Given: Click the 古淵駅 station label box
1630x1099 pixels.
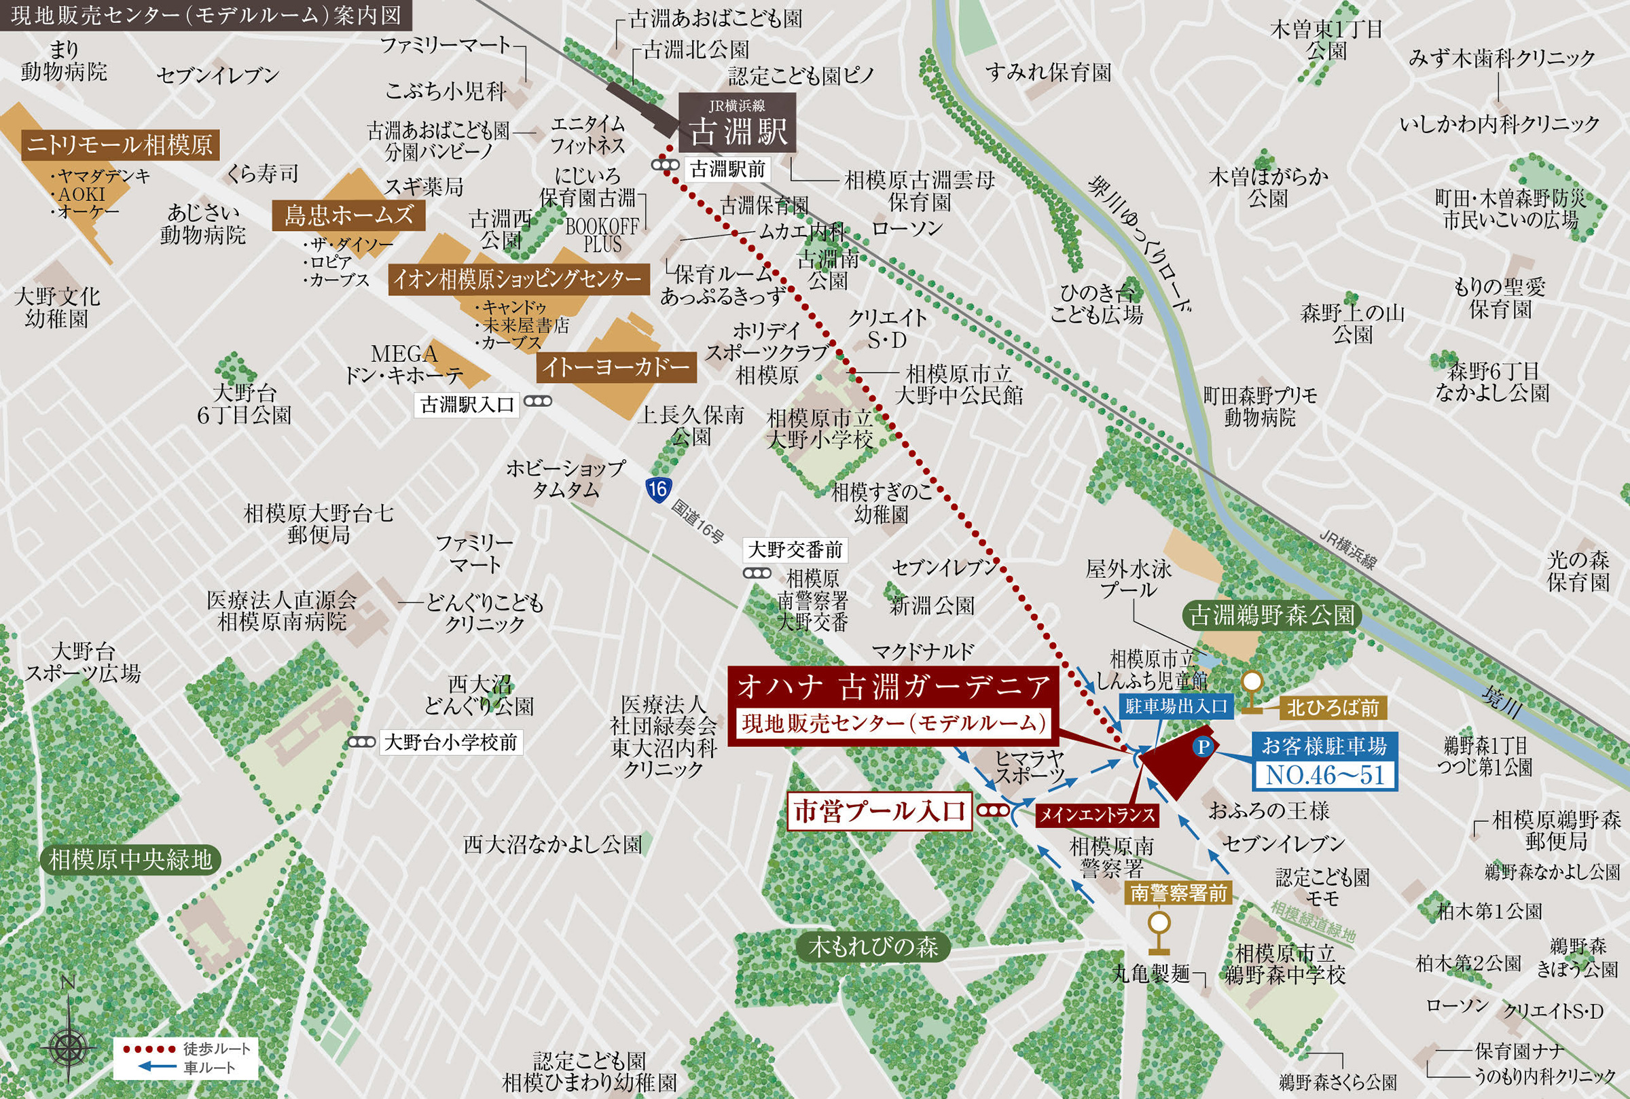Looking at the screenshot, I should (736, 124).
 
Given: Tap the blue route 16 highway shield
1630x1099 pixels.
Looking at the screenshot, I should (658, 488).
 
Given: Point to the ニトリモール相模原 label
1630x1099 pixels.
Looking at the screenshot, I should (120, 145).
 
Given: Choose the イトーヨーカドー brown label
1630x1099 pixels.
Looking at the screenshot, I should (616, 367).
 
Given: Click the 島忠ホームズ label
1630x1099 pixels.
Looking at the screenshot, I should (348, 215).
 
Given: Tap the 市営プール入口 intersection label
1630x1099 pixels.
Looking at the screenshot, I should (879, 811).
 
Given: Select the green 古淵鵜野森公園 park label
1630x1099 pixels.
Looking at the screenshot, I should (1272, 615).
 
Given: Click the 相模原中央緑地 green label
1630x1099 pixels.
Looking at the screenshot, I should (130, 859).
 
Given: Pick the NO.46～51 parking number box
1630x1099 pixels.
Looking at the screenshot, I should (1324, 775).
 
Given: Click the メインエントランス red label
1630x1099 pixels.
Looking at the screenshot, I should (1096, 814).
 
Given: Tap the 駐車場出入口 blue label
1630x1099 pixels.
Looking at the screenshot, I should (1176, 706).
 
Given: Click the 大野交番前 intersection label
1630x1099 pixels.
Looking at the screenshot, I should (795, 549).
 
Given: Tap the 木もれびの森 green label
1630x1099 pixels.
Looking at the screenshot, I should (873, 948).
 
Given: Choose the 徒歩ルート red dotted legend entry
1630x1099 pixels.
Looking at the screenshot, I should (186, 1049).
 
